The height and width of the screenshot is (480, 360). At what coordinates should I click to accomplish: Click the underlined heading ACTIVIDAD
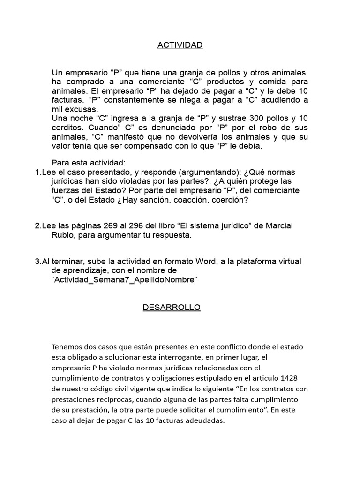[180, 45]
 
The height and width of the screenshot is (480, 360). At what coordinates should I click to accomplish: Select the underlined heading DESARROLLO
[171, 307]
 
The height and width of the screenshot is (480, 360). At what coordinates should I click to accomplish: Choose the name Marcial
[279, 226]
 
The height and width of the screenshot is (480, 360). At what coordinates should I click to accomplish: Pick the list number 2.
[37, 226]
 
